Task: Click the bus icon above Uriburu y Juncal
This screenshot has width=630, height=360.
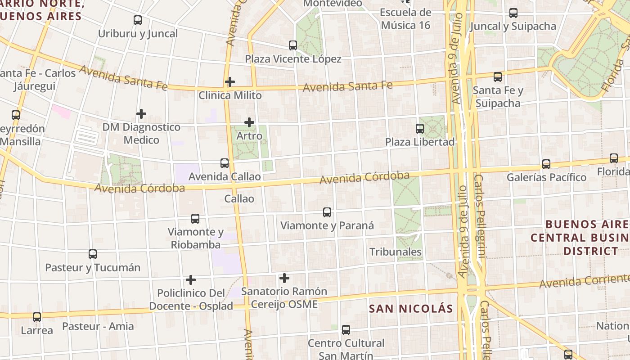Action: coord(138,20)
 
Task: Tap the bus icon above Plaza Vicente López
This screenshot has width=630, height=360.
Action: coord(293,45)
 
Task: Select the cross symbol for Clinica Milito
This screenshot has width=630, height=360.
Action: coord(230,82)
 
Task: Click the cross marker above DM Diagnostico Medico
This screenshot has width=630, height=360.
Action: coord(141,114)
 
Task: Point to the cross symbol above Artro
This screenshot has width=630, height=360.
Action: coord(249,122)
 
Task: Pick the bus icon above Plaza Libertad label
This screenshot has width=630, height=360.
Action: coord(420,129)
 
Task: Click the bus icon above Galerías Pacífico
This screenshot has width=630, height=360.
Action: coord(546,164)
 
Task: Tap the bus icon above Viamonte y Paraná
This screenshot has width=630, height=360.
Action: coord(327,212)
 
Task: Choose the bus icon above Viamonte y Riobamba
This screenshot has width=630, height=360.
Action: coord(195,219)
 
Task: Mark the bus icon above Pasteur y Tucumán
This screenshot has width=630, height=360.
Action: coord(93,254)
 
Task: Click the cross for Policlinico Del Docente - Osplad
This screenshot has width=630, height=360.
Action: coord(191,280)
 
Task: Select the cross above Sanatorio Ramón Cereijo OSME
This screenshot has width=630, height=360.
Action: coord(284,278)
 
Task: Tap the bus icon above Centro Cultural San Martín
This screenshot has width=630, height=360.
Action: coord(346,330)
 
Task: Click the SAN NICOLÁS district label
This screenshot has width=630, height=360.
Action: coord(411,309)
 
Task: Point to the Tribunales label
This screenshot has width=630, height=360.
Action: coord(396,252)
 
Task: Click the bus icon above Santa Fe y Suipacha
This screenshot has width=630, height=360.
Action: coord(498,77)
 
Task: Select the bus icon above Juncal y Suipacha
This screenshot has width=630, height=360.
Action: coord(513,13)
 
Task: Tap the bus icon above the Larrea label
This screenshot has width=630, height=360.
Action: coord(37,317)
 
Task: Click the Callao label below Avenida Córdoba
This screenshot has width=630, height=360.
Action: coord(239,199)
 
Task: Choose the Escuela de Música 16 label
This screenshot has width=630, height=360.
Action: coord(405,19)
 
